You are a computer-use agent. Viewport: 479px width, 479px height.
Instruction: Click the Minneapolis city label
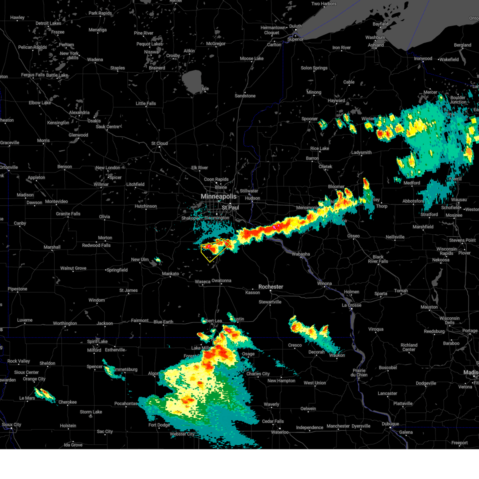(218, 197)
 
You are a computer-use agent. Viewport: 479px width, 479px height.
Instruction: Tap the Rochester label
(271, 287)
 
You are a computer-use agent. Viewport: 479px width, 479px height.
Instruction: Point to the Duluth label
(295, 26)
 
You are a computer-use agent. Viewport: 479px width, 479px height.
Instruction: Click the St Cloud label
(159, 143)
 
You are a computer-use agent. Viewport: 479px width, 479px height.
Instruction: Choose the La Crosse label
(351, 305)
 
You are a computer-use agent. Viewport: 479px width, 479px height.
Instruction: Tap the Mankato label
(170, 274)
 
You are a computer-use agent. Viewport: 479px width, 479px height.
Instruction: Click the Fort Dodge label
(159, 425)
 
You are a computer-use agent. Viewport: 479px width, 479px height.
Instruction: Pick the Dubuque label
(390, 424)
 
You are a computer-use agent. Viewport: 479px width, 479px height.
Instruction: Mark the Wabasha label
(301, 254)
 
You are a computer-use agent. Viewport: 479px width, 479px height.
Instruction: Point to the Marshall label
(52, 247)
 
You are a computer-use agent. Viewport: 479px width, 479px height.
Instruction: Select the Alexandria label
(79, 113)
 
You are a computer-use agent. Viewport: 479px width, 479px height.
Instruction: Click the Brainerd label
(157, 68)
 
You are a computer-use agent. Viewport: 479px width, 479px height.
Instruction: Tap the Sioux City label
(12, 425)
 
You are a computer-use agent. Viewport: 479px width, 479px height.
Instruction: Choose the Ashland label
(376, 45)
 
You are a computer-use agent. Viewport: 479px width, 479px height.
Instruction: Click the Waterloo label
(280, 432)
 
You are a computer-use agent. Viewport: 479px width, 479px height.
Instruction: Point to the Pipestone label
(17, 289)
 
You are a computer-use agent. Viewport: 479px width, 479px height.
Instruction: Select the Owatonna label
(221, 281)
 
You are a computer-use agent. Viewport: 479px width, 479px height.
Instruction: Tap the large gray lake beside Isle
(192, 81)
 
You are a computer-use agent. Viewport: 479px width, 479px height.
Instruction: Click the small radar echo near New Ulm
(158, 260)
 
